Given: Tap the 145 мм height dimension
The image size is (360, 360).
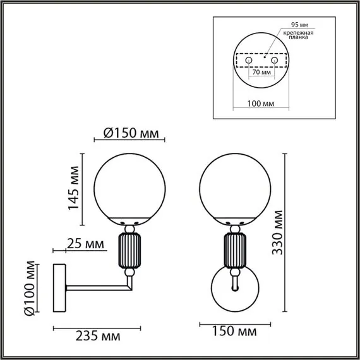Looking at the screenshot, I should pos(75,188).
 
